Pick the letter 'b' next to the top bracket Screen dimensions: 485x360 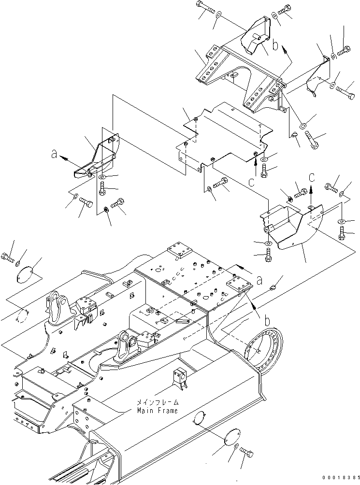pos(275,46)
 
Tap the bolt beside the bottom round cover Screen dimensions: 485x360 pos(246,453)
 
